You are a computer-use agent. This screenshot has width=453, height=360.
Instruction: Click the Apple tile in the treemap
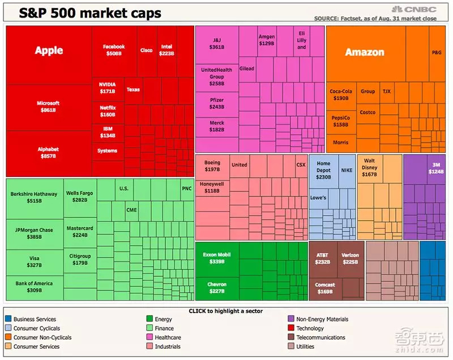[49, 51]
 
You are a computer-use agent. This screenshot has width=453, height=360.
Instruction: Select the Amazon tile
[365, 53]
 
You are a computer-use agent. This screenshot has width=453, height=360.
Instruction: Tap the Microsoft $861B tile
[48, 106]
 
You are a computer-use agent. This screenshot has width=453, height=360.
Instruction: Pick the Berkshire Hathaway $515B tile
[34, 197]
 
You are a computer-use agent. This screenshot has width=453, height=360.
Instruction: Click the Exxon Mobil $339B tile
[217, 258]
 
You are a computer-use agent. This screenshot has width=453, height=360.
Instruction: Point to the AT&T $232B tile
[322, 258]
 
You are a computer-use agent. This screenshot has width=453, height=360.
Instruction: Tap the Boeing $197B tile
[212, 166]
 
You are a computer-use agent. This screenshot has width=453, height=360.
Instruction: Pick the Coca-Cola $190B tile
[341, 95]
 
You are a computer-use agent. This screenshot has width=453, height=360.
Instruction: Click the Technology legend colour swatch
[292, 328]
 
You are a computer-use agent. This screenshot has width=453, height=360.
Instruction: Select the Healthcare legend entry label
[168, 337]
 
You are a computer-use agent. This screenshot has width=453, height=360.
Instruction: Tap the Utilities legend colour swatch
[292, 346]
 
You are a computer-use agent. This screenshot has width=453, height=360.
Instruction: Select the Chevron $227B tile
[217, 288]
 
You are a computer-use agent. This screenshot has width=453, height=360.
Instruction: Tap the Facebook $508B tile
[113, 50]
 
